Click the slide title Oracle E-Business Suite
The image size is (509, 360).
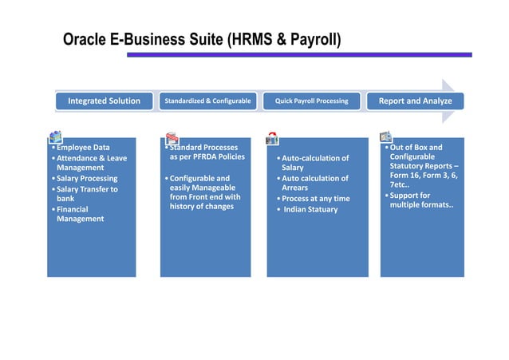pyautogui.click(x=202, y=39)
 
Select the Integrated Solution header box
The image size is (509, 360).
pyautogui.click(x=104, y=101)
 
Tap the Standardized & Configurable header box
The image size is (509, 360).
pyautogui.click(x=207, y=101)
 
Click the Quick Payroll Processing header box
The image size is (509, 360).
pyautogui.click(x=311, y=101)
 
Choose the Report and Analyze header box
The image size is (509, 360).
pyautogui.click(x=415, y=101)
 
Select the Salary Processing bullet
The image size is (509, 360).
pyautogui.click(x=86, y=179)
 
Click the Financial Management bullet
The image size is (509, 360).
pyautogui.click(x=80, y=214)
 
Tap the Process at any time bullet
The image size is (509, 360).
pyautogui.click(x=315, y=199)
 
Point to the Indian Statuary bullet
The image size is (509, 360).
pyautogui.click(x=310, y=210)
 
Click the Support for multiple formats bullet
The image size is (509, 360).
pyautogui.click(x=420, y=200)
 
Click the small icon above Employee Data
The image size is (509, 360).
pyautogui.click(x=55, y=136)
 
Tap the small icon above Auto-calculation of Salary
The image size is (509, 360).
pyautogui.click(x=272, y=137)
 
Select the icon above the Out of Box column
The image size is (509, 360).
pyautogui.click(x=385, y=136)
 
